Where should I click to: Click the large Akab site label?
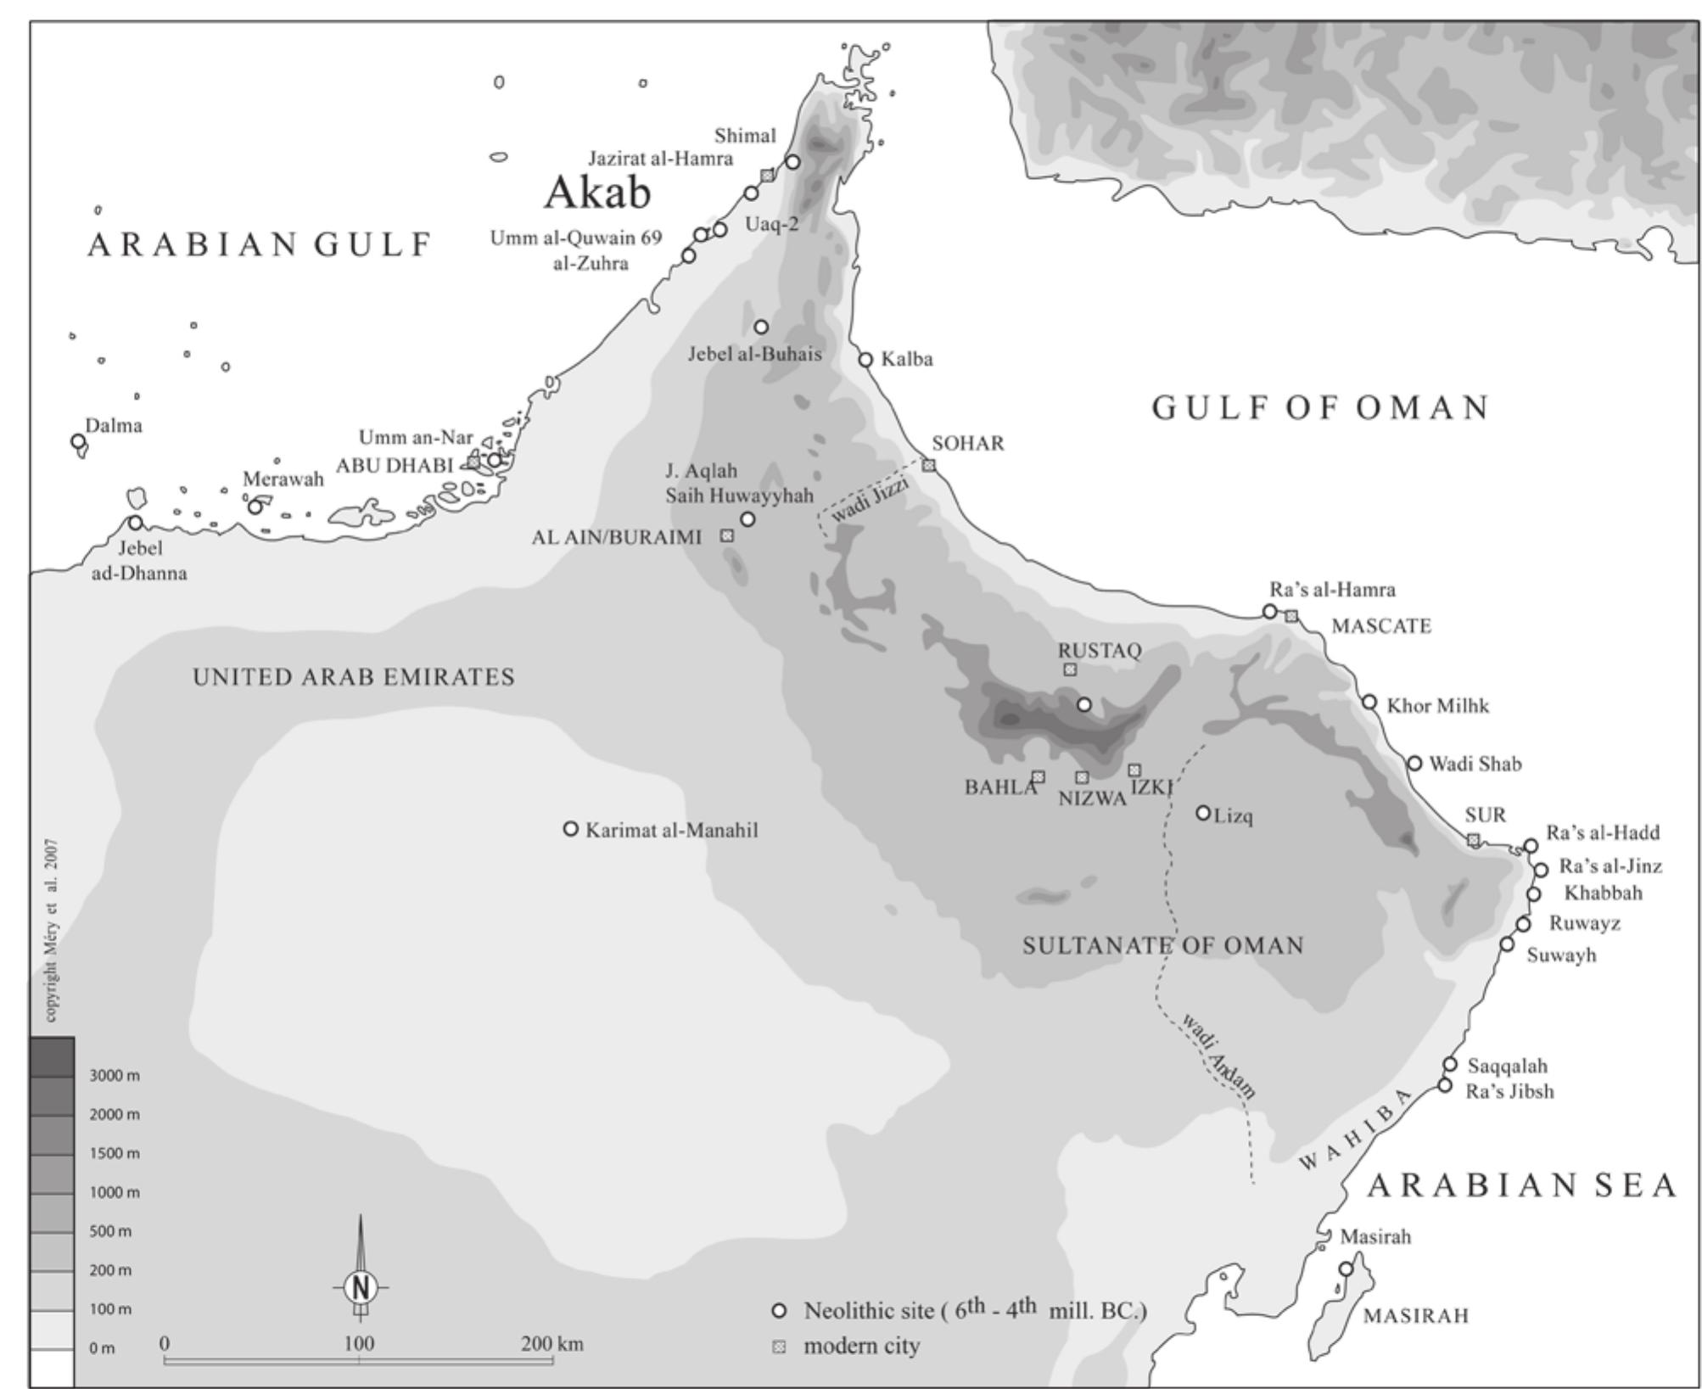[596, 193]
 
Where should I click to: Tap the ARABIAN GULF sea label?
[260, 245]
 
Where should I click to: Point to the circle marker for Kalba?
[865, 360]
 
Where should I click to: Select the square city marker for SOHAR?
[929, 465]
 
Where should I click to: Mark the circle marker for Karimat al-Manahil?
[571, 828]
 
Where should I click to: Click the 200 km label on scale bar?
[552, 1344]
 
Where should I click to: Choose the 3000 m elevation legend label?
[115, 1075]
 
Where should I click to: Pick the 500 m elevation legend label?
[111, 1231]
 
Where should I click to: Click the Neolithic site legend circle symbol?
[779, 1310]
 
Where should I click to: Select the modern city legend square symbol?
[779, 1347]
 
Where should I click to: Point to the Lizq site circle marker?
[1203, 813]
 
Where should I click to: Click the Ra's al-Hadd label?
[1603, 832]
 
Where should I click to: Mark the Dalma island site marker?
[78, 441]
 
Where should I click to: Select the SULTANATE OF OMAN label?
[1162, 945]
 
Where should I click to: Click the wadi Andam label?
[1218, 1056]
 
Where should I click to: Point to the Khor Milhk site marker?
[1369, 702]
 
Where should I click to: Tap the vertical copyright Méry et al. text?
[53, 930]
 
